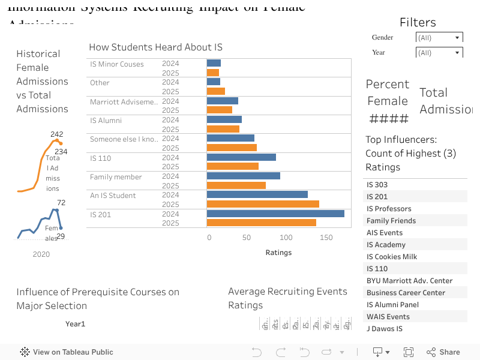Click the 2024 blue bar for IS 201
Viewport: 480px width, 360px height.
pyautogui.click(x=275, y=214)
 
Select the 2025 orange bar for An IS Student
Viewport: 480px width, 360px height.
pyautogui.click(x=263, y=204)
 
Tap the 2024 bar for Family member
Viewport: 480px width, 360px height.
pyautogui.click(x=244, y=176)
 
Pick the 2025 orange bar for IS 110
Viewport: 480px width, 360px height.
pyautogui.click(x=233, y=166)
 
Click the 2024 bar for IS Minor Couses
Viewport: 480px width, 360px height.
pyautogui.click(x=214, y=64)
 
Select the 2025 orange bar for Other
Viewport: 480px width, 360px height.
pyautogui.click(x=216, y=91)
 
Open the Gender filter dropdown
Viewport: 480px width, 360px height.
pyautogui.click(x=439, y=38)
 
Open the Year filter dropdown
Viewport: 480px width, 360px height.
pyautogui.click(x=439, y=53)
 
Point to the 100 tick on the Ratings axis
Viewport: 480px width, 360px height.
pyautogui.click(x=286, y=238)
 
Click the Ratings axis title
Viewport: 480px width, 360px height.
pyautogui.click(x=278, y=253)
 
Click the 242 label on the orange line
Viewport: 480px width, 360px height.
pyautogui.click(x=57, y=134)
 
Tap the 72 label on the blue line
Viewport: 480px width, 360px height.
pyautogui.click(x=61, y=203)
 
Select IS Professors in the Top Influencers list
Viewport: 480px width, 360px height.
pyautogui.click(x=389, y=209)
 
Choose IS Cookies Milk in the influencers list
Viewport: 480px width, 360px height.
pyautogui.click(x=392, y=257)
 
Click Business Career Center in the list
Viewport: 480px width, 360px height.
pyautogui.click(x=406, y=293)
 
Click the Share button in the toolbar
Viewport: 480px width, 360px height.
pyautogui.click(x=443, y=352)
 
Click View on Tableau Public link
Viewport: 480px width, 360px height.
pyautogui.click(x=67, y=352)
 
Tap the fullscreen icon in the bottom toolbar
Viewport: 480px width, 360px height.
pyautogui.click(x=409, y=352)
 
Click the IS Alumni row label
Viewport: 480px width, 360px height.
pyautogui.click(x=106, y=121)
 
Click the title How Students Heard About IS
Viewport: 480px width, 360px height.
pyautogui.click(x=155, y=47)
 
